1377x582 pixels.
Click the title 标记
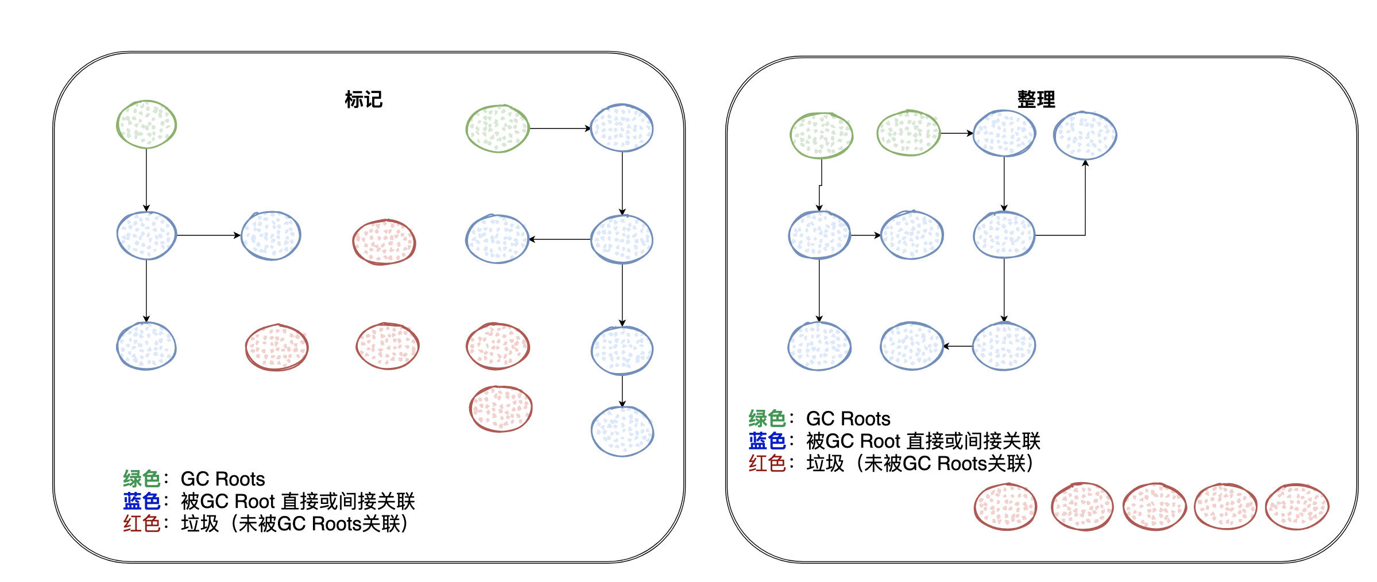(x=363, y=99)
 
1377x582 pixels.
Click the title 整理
(x=1036, y=99)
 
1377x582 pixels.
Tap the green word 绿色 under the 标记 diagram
(x=141, y=479)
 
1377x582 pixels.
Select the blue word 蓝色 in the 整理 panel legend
(x=767, y=441)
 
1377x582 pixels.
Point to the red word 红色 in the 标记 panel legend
(x=141, y=523)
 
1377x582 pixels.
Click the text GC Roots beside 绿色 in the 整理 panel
(x=848, y=418)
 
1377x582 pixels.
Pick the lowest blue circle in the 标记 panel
(x=622, y=431)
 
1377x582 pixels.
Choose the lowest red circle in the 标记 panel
(x=501, y=408)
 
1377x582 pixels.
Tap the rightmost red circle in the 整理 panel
(x=1297, y=506)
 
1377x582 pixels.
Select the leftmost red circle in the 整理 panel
(x=1005, y=506)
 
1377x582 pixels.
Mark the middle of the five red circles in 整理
(x=1154, y=506)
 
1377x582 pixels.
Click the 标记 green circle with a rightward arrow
(x=497, y=129)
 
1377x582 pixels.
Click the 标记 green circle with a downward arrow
(x=146, y=125)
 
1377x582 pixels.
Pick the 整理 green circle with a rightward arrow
(x=908, y=133)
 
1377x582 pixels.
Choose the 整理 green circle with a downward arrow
(x=821, y=135)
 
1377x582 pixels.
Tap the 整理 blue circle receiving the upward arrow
(x=1085, y=135)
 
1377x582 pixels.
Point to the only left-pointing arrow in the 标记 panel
(x=559, y=239)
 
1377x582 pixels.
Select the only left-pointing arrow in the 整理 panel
(x=958, y=346)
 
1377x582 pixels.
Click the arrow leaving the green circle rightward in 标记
(x=559, y=129)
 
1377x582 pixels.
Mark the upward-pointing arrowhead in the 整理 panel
(x=1085, y=164)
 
